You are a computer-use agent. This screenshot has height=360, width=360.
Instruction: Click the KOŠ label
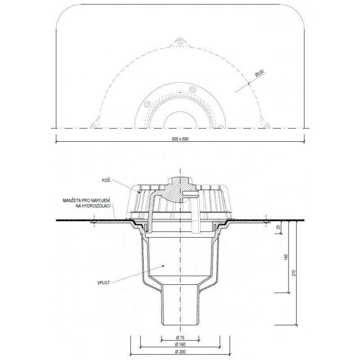[106, 180]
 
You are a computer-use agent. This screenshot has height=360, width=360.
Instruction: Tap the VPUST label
[103, 283]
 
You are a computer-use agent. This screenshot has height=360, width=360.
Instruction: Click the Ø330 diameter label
[260, 73]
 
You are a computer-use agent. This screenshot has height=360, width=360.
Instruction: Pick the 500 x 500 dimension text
[180, 139]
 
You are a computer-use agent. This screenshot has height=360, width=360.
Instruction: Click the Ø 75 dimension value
[180, 337]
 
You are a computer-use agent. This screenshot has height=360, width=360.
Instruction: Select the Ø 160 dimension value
[180, 344]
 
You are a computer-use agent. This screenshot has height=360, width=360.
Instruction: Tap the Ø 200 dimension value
[180, 351]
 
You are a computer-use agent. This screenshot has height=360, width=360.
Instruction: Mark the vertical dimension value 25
[279, 227]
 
